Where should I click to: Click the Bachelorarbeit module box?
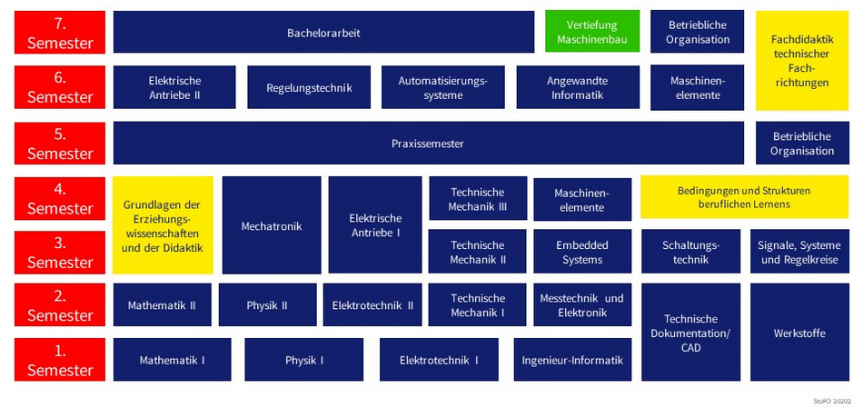(x=323, y=32)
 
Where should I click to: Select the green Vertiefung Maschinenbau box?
(x=592, y=32)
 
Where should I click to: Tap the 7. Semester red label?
(x=60, y=32)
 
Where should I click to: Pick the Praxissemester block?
(x=427, y=144)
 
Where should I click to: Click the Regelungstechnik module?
(x=309, y=88)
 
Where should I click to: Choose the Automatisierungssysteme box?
(x=443, y=88)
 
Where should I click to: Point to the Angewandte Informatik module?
(x=578, y=88)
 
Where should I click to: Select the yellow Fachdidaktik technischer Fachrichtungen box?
(x=802, y=61)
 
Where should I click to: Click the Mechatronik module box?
(x=272, y=225)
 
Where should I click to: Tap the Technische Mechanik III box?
(x=478, y=199)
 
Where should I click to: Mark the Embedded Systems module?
(x=582, y=252)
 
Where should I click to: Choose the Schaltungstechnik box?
(x=691, y=252)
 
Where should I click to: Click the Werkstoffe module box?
(x=799, y=333)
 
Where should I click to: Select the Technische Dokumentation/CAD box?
(x=691, y=333)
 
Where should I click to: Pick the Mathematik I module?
(x=172, y=360)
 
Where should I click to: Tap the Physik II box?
(x=267, y=305)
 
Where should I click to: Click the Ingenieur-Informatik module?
(x=572, y=360)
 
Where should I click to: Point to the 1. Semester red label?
(x=60, y=360)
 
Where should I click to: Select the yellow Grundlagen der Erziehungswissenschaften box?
(x=163, y=225)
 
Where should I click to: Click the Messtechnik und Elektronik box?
(x=582, y=305)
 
